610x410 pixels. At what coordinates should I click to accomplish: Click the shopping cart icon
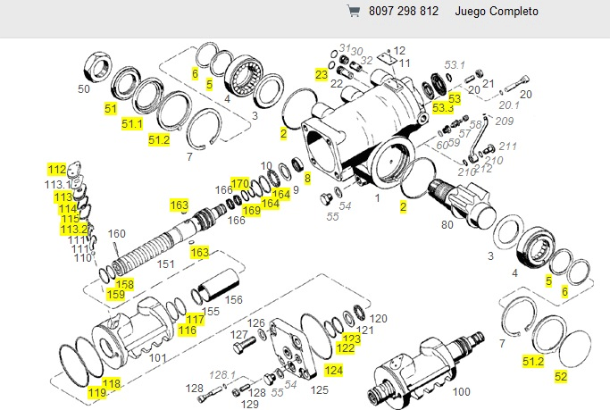[x=354, y=13]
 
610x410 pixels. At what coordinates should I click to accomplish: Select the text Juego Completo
[x=497, y=13]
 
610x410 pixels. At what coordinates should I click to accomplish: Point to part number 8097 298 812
[x=404, y=13]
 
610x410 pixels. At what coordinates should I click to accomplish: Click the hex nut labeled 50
[x=95, y=66]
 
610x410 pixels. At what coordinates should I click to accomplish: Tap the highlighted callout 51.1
[x=132, y=123]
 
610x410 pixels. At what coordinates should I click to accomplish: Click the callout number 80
[x=447, y=225]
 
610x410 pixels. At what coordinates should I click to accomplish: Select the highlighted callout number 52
[x=561, y=376]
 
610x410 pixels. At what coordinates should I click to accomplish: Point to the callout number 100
[x=462, y=391]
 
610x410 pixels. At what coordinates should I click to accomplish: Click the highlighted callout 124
[x=332, y=369]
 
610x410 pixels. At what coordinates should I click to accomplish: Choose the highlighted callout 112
[x=57, y=169]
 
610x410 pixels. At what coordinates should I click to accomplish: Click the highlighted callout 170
[x=239, y=184]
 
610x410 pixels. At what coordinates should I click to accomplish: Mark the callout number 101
[x=157, y=358]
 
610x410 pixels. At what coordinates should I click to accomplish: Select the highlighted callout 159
[x=115, y=294]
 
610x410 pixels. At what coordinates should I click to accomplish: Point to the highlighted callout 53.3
[x=442, y=107]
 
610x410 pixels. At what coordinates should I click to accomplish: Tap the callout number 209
[x=505, y=121]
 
